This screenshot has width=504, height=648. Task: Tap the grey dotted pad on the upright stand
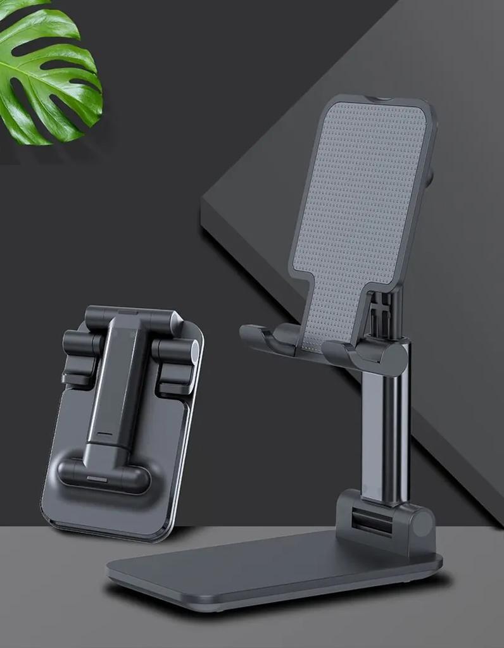(x=361, y=209)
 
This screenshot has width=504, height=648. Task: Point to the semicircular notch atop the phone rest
(x=378, y=99)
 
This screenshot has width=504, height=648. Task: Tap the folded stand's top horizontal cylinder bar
(x=130, y=320)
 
